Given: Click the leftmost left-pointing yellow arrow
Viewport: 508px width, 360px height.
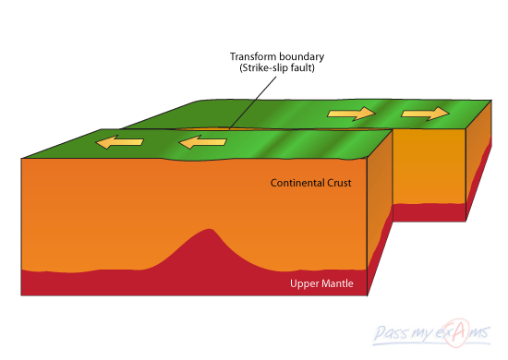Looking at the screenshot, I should pyautogui.click(x=121, y=143).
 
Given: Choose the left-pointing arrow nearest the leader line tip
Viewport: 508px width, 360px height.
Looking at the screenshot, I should pyautogui.click(x=202, y=142).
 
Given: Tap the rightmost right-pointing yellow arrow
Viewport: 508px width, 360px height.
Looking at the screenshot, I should pyautogui.click(x=425, y=114).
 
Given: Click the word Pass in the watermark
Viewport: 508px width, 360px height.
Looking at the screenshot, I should pyautogui.click(x=395, y=332).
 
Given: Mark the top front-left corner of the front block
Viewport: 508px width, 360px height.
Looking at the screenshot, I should pyautogui.click(x=21, y=158).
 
